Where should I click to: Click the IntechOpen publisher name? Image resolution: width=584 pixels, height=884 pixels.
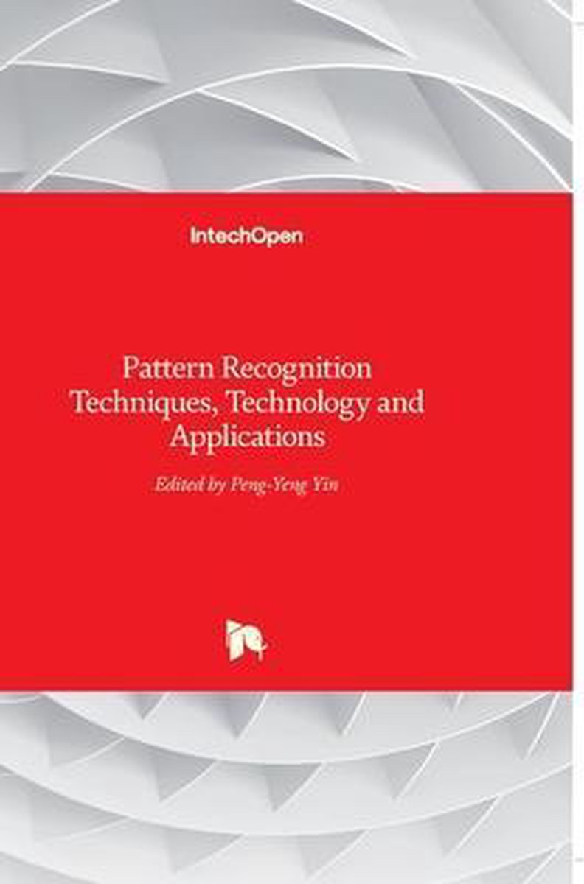click(247, 236)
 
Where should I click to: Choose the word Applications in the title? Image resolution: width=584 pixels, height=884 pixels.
click(248, 438)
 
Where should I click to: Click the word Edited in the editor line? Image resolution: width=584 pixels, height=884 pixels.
click(178, 485)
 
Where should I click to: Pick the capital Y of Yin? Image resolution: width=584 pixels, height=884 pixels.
click(318, 485)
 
